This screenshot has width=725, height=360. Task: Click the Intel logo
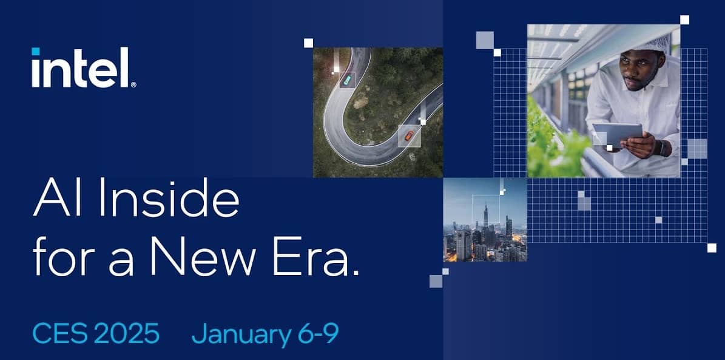(83, 67)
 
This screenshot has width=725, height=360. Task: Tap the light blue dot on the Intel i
(36, 52)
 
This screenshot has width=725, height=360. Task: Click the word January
(241, 334)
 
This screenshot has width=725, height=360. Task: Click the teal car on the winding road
(347, 80)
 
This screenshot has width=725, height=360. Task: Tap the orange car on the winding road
(409, 135)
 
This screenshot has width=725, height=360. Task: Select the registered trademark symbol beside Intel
(133, 84)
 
